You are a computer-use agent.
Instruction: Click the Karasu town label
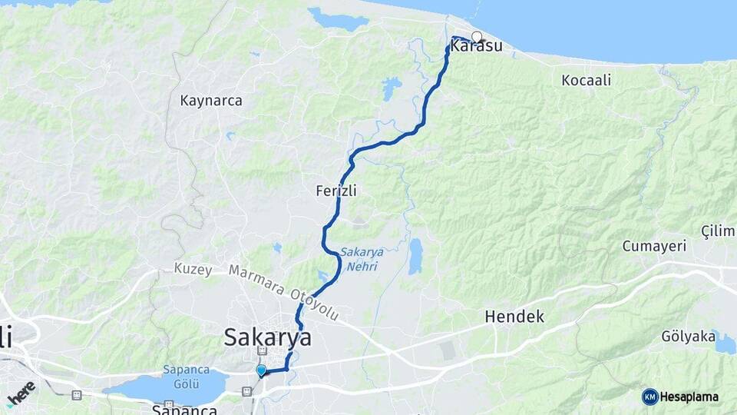[x=477, y=47]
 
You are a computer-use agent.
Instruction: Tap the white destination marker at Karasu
[x=477, y=36]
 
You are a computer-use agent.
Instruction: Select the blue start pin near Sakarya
[x=261, y=371]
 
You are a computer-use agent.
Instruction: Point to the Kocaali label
[x=587, y=81]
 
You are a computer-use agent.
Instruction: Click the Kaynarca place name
[x=211, y=101]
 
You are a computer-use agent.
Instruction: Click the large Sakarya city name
[x=268, y=337]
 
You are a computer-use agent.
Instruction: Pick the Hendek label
[x=514, y=317]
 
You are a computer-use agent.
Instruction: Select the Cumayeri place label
[x=653, y=245]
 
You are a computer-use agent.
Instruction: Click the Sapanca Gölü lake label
[x=186, y=376]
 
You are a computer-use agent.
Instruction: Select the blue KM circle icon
[x=649, y=397]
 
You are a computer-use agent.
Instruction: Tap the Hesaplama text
[x=689, y=397]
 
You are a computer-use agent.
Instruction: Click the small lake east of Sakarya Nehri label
[x=415, y=256]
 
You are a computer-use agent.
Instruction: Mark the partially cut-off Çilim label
[x=719, y=231]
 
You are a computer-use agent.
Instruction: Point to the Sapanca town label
[x=183, y=409]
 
